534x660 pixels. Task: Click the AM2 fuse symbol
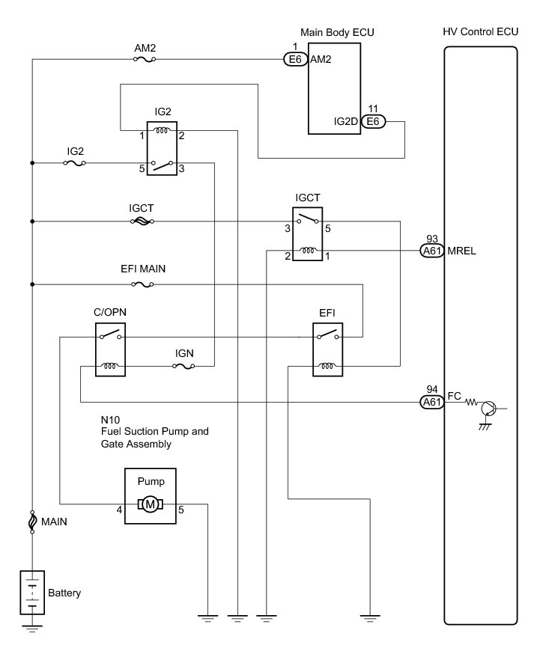(x=145, y=59)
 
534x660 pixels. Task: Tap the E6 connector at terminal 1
(x=295, y=59)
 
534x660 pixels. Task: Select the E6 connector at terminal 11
(x=373, y=122)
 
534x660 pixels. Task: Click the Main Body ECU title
(x=337, y=32)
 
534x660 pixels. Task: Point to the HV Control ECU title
(x=481, y=31)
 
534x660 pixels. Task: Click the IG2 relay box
(x=162, y=148)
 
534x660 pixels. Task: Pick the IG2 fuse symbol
(x=75, y=163)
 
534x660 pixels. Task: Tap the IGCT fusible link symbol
(x=142, y=221)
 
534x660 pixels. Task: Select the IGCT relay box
(x=307, y=233)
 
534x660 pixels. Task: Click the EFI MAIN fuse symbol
(x=142, y=284)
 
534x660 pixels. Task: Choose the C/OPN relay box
(x=110, y=349)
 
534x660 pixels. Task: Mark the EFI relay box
(x=327, y=349)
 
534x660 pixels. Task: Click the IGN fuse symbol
(x=183, y=367)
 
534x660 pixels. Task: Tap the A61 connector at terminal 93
(x=432, y=251)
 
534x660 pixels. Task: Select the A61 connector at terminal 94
(x=432, y=402)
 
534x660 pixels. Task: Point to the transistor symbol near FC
(x=488, y=408)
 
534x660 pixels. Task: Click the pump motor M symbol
(x=150, y=504)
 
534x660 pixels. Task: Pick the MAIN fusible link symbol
(x=32, y=522)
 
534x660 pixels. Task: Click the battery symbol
(x=32, y=592)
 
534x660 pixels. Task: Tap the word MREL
(x=461, y=251)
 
